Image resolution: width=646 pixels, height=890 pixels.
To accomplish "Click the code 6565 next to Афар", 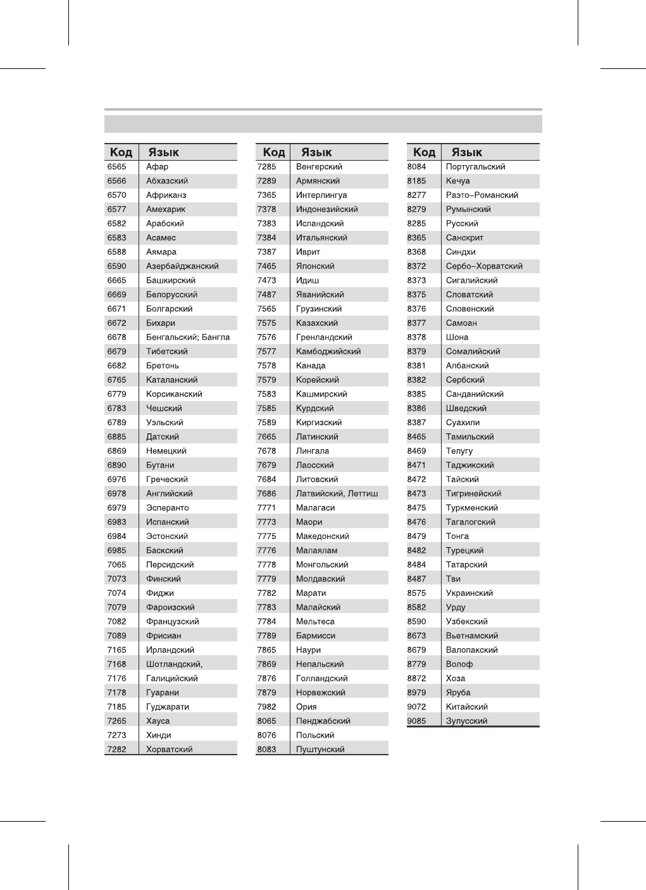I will pos(116,167).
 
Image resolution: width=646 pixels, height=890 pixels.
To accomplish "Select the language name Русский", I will pos(462,224).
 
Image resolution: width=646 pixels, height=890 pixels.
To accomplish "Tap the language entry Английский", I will pos(169,494).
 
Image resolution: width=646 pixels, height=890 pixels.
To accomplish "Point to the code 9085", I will pos(416,721).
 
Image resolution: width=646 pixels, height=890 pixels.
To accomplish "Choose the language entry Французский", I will pos(172,622).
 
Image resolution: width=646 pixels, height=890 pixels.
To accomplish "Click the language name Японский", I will pos(315,266).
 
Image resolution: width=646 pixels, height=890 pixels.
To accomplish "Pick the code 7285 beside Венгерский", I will pos(266,167).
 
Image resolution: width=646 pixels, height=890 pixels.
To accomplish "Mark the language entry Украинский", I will pos(469,593).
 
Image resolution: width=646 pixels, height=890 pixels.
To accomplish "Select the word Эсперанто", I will pos(167,508).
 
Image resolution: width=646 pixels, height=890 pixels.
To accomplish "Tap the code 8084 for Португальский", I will pos(416,167).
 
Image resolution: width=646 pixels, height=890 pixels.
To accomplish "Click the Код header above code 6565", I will pos(121,152).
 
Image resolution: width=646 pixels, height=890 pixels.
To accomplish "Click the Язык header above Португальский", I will pos(466,152).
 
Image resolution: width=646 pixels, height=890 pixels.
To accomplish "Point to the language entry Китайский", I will pos(466,707).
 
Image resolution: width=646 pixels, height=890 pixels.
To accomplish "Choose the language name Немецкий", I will pos(166,451).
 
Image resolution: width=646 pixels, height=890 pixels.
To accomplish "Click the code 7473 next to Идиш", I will pos(266,280).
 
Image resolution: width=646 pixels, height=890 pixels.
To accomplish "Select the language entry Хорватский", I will pos(169,750).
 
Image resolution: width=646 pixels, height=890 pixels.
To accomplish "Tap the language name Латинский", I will pos(317,437).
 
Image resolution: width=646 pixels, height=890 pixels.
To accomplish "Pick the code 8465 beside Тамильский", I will pos(416,437).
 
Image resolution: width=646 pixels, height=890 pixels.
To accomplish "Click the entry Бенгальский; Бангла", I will pos(188,337).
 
